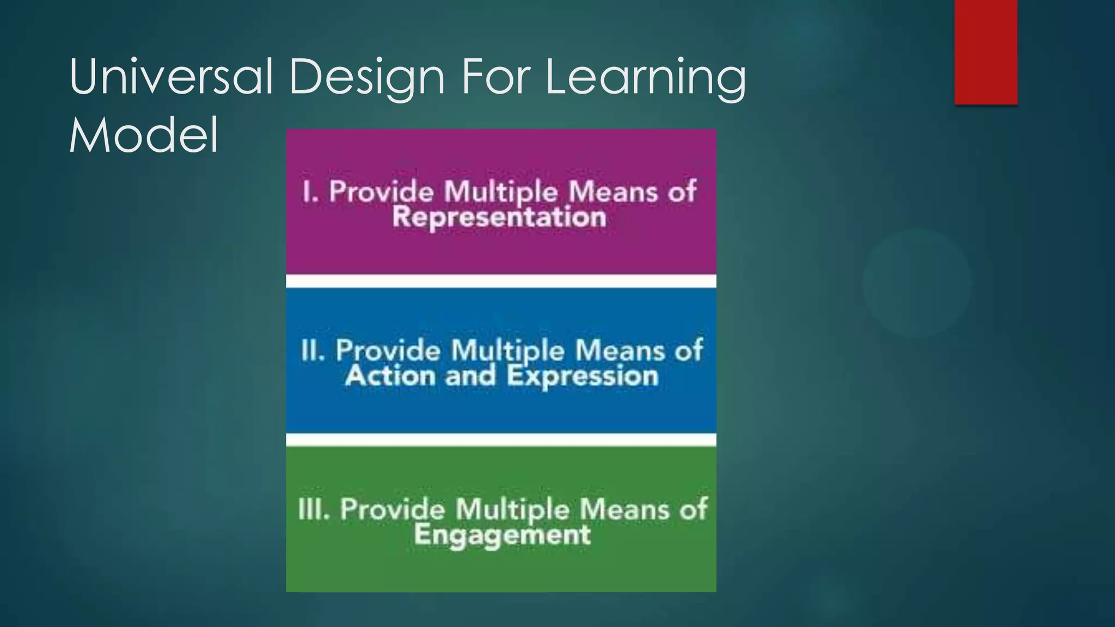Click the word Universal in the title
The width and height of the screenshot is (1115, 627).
[x=170, y=77]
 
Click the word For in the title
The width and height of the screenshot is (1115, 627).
[x=495, y=77]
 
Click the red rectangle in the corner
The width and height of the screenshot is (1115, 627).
[x=985, y=52]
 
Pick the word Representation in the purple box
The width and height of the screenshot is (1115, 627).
[x=499, y=217]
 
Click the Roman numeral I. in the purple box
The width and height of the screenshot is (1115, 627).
[x=310, y=192]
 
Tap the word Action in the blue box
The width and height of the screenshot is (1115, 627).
[x=390, y=376]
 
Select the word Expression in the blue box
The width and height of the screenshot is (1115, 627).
[x=583, y=376]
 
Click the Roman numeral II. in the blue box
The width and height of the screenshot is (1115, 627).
[x=313, y=350]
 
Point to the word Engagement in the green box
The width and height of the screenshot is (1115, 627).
[x=502, y=534]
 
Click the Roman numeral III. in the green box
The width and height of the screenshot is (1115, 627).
[x=314, y=509]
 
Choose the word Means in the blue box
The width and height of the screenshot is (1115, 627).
[x=620, y=350]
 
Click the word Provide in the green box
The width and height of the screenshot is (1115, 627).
[x=393, y=510]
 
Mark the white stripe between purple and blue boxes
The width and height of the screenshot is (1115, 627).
[x=501, y=281]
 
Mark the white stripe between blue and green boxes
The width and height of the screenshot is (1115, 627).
[x=501, y=440]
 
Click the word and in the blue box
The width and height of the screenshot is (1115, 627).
[x=470, y=376]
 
